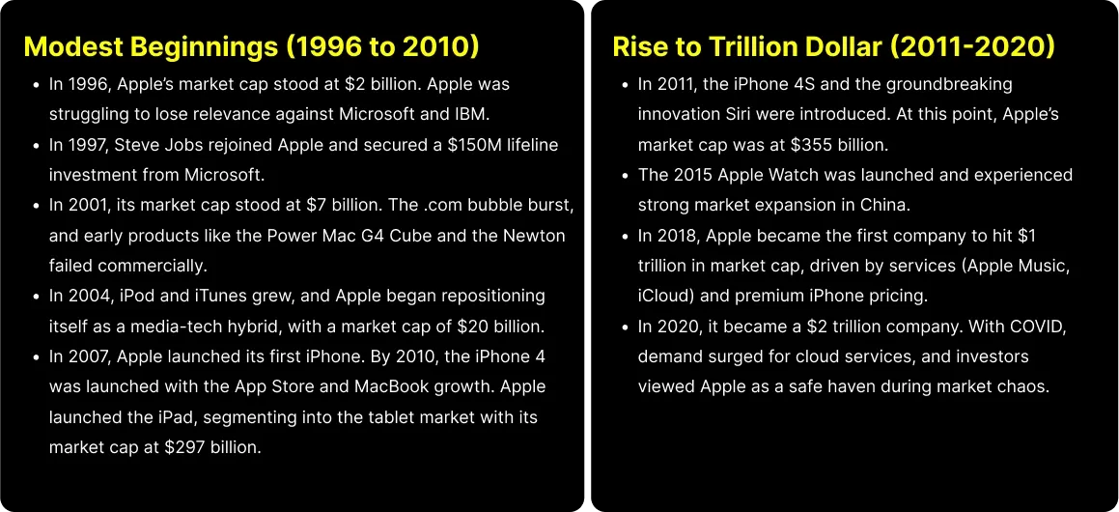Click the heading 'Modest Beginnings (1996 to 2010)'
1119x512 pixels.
tap(251, 46)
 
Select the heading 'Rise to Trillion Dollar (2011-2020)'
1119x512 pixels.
tap(833, 46)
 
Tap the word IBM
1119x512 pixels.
tap(470, 114)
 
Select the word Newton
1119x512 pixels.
tap(536, 236)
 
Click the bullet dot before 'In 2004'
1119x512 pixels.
tap(36, 296)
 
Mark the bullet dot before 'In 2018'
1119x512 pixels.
tap(625, 236)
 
